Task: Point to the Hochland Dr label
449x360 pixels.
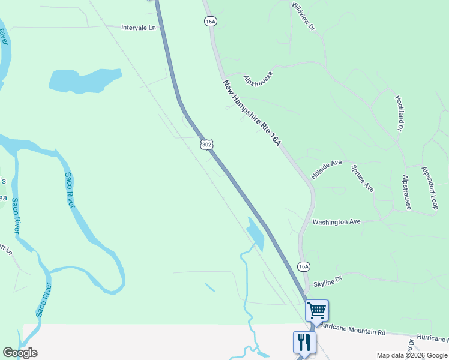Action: pyautogui.click(x=399, y=113)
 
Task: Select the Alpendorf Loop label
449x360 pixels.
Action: pyautogui.click(x=430, y=188)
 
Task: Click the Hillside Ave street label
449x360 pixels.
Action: pyautogui.click(x=327, y=169)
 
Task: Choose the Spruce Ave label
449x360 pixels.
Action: pyautogui.click(x=363, y=178)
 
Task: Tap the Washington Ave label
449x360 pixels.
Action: pyautogui.click(x=336, y=222)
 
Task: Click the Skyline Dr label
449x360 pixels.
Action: pyautogui.click(x=327, y=279)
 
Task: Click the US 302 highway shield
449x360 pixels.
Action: pyautogui.click(x=206, y=145)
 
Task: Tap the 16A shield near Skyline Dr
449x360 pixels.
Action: pyautogui.click(x=304, y=266)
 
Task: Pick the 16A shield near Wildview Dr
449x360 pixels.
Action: pyautogui.click(x=209, y=21)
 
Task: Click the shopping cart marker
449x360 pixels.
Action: pyautogui.click(x=316, y=311)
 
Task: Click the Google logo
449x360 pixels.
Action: pyautogui.click(x=20, y=353)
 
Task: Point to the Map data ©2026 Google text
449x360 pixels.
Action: pyautogui.click(x=412, y=355)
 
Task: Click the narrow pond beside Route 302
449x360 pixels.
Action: pyautogui.click(x=256, y=234)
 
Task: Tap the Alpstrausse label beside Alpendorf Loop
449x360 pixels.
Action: pyautogui.click(x=407, y=192)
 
